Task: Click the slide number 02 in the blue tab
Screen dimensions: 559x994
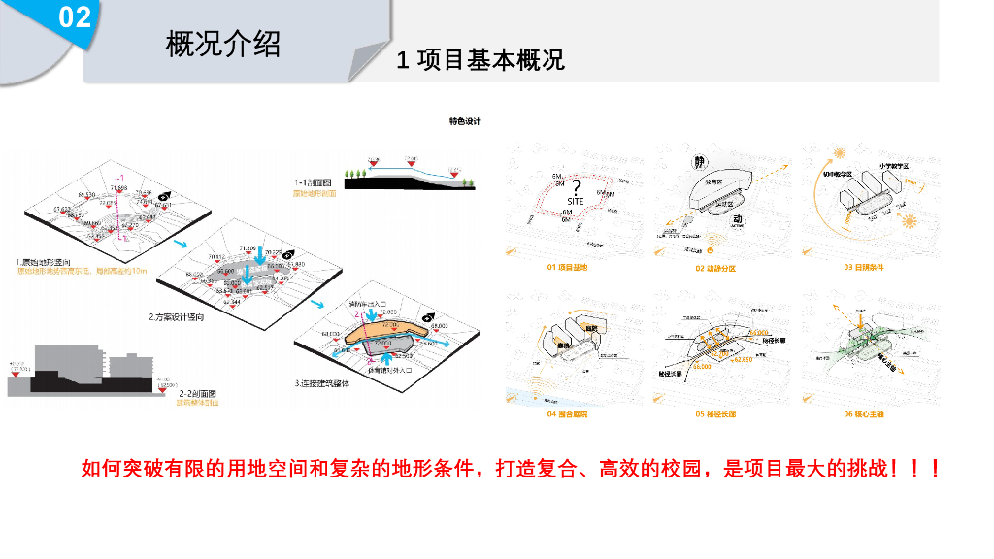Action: [x=75, y=17]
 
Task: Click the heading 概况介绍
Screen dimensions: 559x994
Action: [x=223, y=45]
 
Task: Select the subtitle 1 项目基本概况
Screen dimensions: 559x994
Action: [x=480, y=60]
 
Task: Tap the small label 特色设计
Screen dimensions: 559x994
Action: [x=465, y=122]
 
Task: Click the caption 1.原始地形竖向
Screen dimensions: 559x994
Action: [x=45, y=262]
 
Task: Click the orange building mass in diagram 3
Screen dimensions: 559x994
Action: [x=383, y=329]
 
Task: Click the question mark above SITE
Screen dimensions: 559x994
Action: [x=576, y=187]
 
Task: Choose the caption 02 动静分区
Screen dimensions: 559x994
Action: [x=714, y=268]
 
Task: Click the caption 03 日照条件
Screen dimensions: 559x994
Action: [x=862, y=267]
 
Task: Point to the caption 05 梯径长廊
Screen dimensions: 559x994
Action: [x=714, y=414]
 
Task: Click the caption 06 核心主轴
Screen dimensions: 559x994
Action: [x=862, y=414]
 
